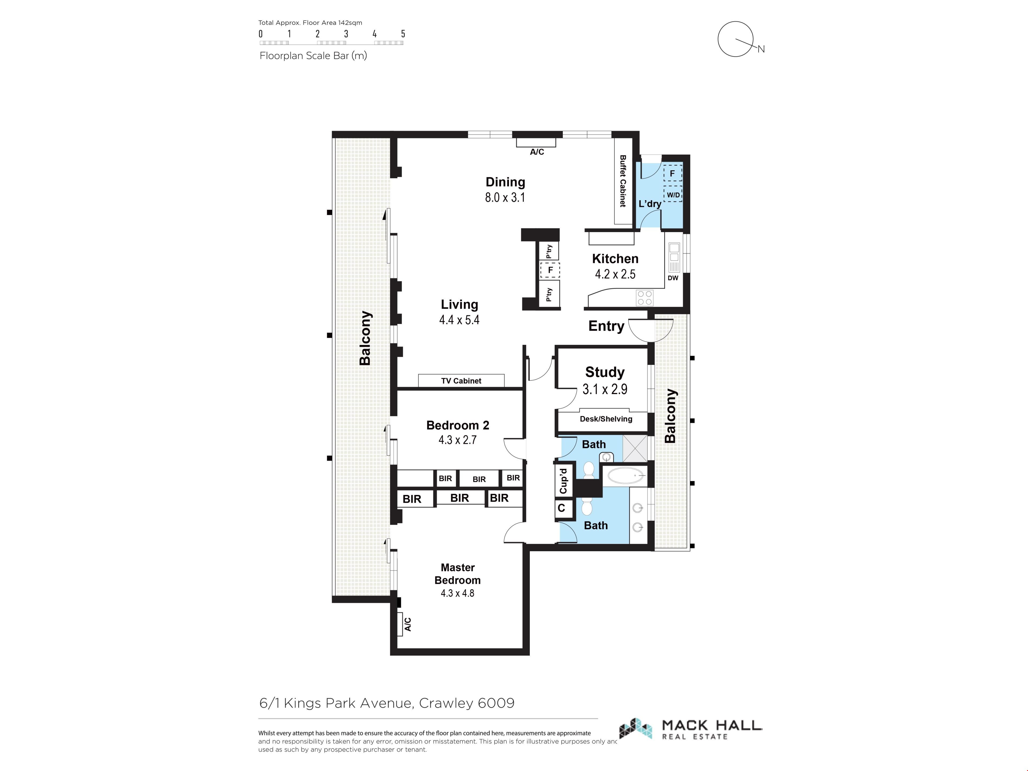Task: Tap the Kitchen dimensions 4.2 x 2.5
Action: [615, 274]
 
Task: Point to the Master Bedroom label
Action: [457, 574]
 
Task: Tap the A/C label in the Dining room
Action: [537, 152]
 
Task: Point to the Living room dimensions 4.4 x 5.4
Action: [459, 320]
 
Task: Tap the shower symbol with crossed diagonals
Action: [635, 448]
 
